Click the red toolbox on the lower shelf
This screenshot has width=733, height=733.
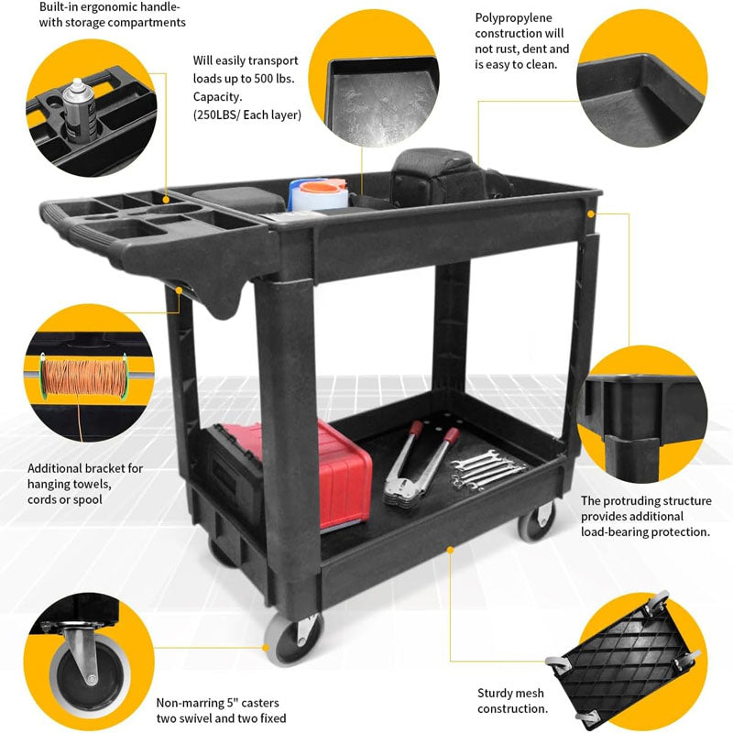pyautogui.click(x=344, y=472)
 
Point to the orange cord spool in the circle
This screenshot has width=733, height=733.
pyautogui.click(x=83, y=376)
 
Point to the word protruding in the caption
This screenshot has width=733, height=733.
pyautogui.click(x=639, y=500)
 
